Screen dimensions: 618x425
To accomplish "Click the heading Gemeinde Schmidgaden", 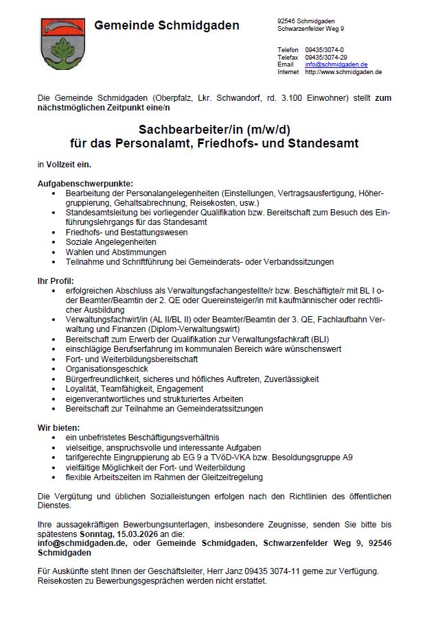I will (167, 26).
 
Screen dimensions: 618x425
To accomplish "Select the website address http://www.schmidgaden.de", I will (343, 72).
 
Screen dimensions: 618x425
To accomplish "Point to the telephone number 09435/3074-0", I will (326, 50).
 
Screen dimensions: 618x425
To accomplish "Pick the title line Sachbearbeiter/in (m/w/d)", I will (214, 130).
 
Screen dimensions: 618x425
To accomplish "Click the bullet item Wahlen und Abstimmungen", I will (111, 252).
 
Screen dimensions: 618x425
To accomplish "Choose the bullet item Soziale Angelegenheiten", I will (111, 242).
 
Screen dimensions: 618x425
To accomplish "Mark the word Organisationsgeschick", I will (106, 369).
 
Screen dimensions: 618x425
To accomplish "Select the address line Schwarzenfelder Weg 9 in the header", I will (311, 29).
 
